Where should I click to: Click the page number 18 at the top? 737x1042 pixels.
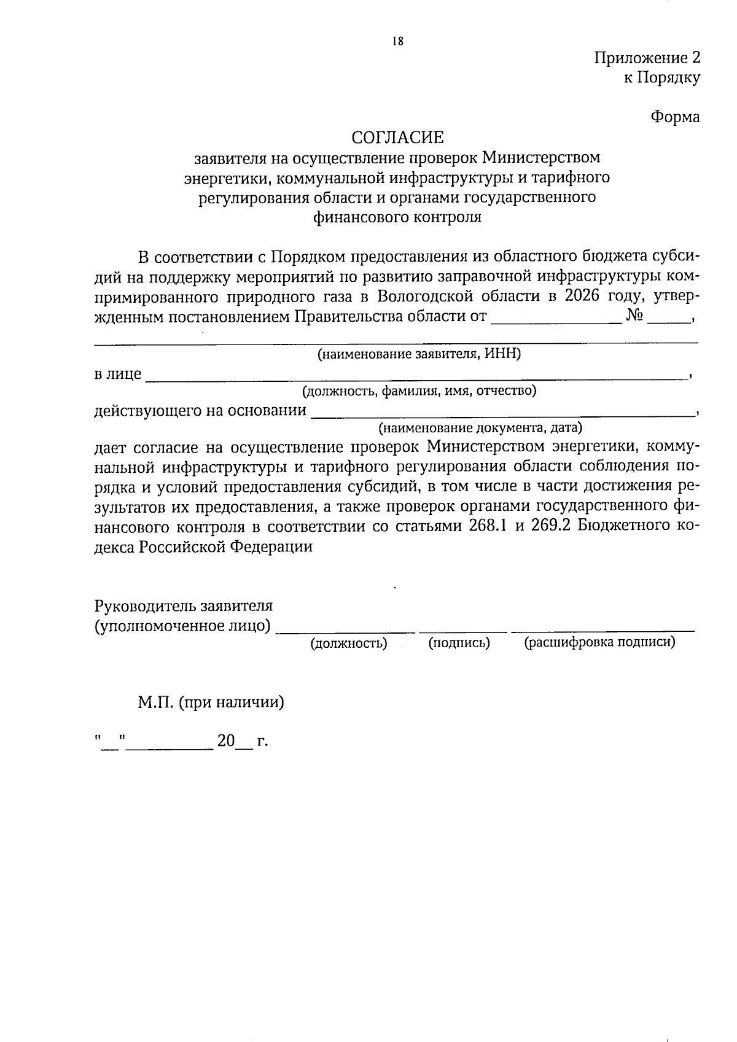(x=397, y=41)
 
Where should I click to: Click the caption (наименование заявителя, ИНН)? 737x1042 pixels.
(x=419, y=354)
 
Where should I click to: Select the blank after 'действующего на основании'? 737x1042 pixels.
(x=504, y=410)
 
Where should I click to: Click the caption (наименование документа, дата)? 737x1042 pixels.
(x=480, y=427)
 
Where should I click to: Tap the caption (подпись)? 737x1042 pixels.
(x=459, y=643)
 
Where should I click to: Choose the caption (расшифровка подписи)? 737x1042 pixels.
(x=599, y=642)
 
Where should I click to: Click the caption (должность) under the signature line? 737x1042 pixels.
(x=349, y=643)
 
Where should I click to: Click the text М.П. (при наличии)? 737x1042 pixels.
(x=211, y=702)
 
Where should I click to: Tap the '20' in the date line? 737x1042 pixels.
(x=225, y=741)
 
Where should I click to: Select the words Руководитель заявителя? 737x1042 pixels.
(x=183, y=605)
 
